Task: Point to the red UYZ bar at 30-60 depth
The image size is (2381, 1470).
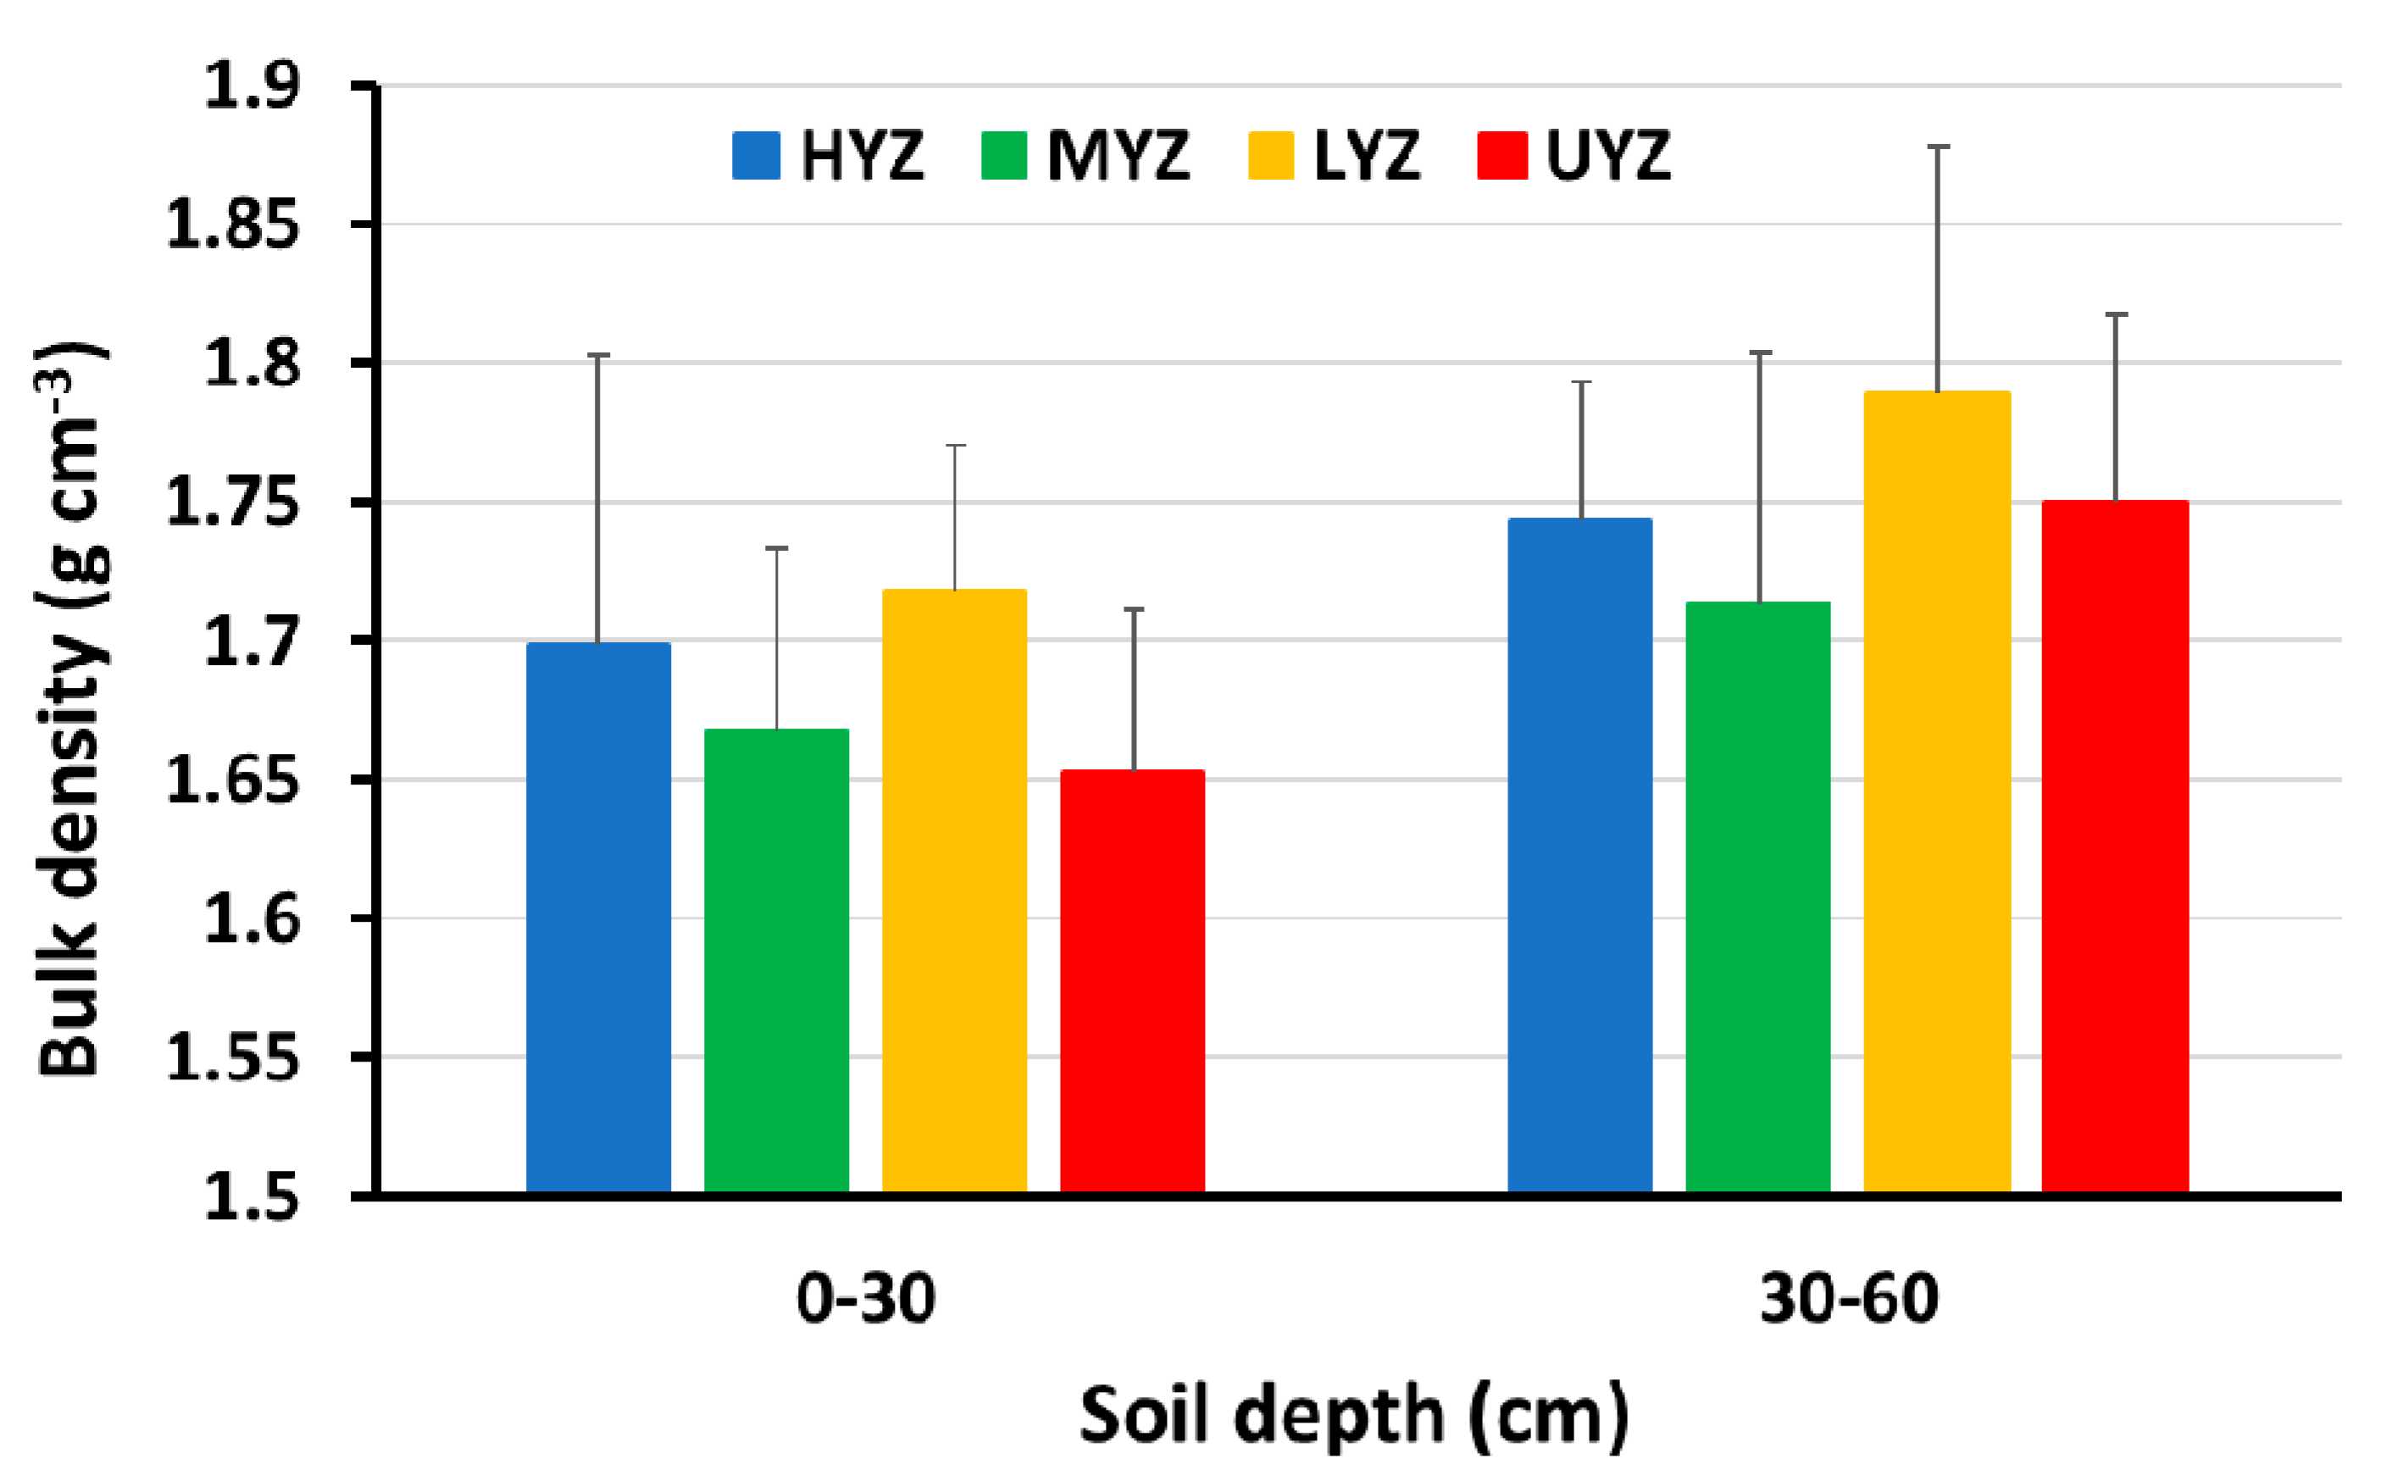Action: click(2115, 846)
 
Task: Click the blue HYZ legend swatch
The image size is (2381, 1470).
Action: click(756, 156)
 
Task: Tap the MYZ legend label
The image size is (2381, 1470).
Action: click(1118, 156)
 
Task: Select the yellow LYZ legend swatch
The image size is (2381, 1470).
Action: click(1271, 156)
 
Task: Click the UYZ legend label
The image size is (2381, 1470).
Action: click(1608, 156)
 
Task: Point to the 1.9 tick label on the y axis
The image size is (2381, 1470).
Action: click(251, 86)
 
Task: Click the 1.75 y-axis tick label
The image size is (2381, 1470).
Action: click(231, 502)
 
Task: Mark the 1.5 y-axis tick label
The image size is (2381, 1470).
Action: click(251, 1195)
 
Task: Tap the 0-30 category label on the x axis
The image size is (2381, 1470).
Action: click(865, 1298)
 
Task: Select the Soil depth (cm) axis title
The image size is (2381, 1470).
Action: click(1353, 1415)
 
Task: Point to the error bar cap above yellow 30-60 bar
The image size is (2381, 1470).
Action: click(1938, 147)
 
